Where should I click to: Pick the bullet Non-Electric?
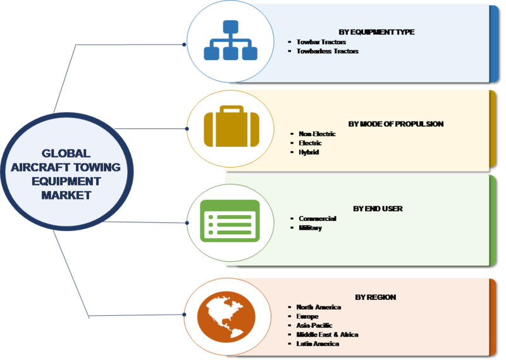click(x=318, y=134)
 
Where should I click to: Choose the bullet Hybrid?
click(x=309, y=152)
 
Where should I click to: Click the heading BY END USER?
click(x=378, y=208)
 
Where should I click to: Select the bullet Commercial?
click(x=317, y=218)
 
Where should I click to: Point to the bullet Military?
click(x=311, y=228)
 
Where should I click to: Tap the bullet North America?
click(x=319, y=307)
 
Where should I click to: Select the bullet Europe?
click(x=307, y=316)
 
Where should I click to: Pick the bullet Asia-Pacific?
click(x=314, y=325)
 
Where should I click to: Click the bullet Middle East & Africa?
click(x=327, y=335)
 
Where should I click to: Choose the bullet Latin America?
click(x=318, y=344)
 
